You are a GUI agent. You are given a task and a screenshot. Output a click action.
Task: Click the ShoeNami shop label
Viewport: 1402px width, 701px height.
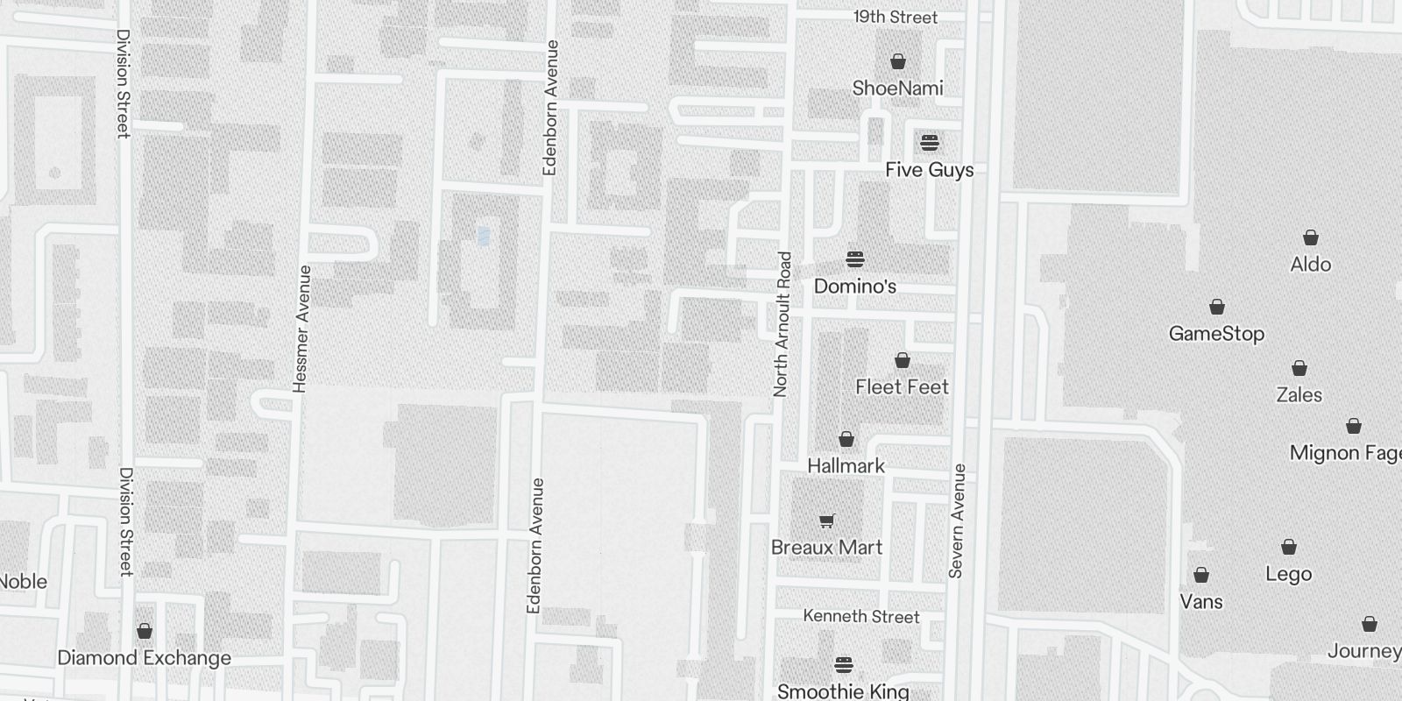point(897,89)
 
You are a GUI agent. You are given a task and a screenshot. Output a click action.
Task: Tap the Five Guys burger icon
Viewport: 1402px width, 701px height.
point(930,143)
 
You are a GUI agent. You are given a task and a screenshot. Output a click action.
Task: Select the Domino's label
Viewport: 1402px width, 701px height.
point(855,287)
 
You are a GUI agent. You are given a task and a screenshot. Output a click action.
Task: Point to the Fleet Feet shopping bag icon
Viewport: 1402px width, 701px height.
point(902,360)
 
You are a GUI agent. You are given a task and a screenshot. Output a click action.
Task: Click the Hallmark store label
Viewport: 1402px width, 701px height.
point(846,466)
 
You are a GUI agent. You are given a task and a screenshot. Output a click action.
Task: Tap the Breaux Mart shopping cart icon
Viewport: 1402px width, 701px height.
point(826,521)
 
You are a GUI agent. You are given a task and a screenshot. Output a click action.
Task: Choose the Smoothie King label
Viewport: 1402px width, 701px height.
point(843,691)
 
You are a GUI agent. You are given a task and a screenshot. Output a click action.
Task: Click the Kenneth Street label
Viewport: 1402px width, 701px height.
point(861,617)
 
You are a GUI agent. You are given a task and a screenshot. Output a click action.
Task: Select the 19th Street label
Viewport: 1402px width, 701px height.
point(896,18)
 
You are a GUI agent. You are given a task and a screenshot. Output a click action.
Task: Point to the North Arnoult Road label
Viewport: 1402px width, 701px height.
point(782,324)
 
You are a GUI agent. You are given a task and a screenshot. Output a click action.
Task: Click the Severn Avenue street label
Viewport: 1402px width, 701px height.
point(957,520)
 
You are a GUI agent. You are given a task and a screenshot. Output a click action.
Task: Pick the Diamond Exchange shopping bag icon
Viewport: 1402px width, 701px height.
point(145,631)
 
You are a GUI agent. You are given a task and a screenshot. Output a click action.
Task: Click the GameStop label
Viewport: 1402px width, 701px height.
point(1216,334)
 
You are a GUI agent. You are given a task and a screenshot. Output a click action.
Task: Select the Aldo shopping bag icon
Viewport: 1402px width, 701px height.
point(1311,237)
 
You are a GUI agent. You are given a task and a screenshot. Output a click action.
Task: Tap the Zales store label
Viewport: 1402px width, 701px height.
point(1299,395)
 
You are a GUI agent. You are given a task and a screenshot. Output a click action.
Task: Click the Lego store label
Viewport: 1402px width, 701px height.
point(1288,574)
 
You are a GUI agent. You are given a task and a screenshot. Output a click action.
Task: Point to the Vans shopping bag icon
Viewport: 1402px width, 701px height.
point(1201,575)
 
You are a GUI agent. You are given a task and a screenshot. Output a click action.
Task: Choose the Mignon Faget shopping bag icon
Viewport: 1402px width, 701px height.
point(1354,427)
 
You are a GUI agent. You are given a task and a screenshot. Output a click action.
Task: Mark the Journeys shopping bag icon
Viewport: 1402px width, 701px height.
point(1370,624)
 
